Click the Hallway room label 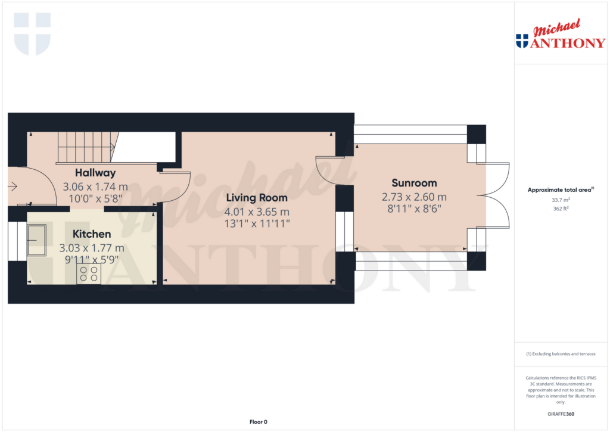pos(95,173)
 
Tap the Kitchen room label pos(92,234)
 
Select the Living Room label pos(260,197)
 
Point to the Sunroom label pos(414,183)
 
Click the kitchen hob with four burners pos(89,274)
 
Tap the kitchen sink pos(37,241)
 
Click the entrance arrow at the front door pos(13,187)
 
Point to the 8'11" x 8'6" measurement pos(414,209)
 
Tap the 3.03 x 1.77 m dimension pos(95,248)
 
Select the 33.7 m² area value pos(560,201)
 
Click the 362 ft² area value pos(560,209)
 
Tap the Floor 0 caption pos(258,422)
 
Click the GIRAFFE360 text pos(561,414)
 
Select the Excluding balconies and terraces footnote pos(561,354)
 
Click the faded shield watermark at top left pos(32,33)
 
